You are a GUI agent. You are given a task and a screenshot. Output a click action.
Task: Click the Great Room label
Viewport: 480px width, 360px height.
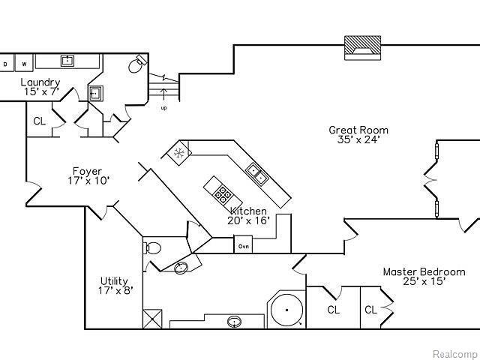(358, 130)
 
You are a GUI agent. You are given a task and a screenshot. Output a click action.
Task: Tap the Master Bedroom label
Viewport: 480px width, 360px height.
(424, 271)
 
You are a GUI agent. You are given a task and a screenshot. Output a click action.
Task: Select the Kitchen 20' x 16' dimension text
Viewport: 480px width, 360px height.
(248, 220)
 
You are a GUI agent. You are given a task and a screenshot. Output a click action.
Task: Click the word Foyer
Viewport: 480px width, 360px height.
(87, 172)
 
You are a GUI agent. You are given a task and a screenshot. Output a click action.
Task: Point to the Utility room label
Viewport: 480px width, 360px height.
(114, 281)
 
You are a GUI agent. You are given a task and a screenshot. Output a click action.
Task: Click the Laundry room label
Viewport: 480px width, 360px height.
(40, 82)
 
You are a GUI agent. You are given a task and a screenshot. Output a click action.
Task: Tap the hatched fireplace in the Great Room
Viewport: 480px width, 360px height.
(363, 48)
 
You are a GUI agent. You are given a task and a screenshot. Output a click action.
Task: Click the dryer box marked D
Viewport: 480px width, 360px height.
(6, 63)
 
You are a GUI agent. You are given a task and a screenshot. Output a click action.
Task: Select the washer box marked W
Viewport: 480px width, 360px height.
(24, 63)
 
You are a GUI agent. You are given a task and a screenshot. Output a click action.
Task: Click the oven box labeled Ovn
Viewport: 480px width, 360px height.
(243, 244)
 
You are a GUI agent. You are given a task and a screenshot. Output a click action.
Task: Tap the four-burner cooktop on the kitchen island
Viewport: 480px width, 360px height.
(222, 193)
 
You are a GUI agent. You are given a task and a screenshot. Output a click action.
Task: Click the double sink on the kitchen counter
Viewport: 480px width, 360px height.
(257, 174)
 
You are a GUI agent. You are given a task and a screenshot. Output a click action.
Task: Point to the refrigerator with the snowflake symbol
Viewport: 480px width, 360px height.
(178, 152)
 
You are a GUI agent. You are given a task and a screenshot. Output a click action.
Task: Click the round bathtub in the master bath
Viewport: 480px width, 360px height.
(286, 310)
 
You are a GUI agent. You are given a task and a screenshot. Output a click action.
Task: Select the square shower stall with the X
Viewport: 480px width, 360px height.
(152, 319)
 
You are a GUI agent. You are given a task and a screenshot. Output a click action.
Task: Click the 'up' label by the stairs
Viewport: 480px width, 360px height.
(164, 108)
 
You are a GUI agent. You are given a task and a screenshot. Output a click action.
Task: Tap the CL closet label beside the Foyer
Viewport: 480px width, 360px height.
(39, 121)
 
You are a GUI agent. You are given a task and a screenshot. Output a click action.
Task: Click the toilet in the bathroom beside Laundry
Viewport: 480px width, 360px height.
(137, 64)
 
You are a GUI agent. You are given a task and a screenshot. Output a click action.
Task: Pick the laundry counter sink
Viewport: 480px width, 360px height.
(67, 61)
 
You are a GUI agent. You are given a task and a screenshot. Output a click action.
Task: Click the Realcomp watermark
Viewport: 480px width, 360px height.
(456, 354)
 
